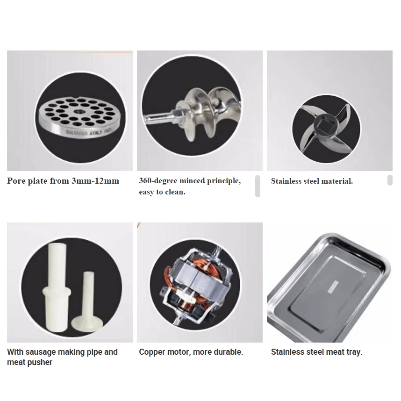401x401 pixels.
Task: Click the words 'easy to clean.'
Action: point(162,192)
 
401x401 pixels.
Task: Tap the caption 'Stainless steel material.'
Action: point(312,181)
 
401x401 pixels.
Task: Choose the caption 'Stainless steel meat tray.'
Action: point(316,352)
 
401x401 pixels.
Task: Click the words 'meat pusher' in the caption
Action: point(29,362)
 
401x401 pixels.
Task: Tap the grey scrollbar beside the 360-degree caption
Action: point(258,186)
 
